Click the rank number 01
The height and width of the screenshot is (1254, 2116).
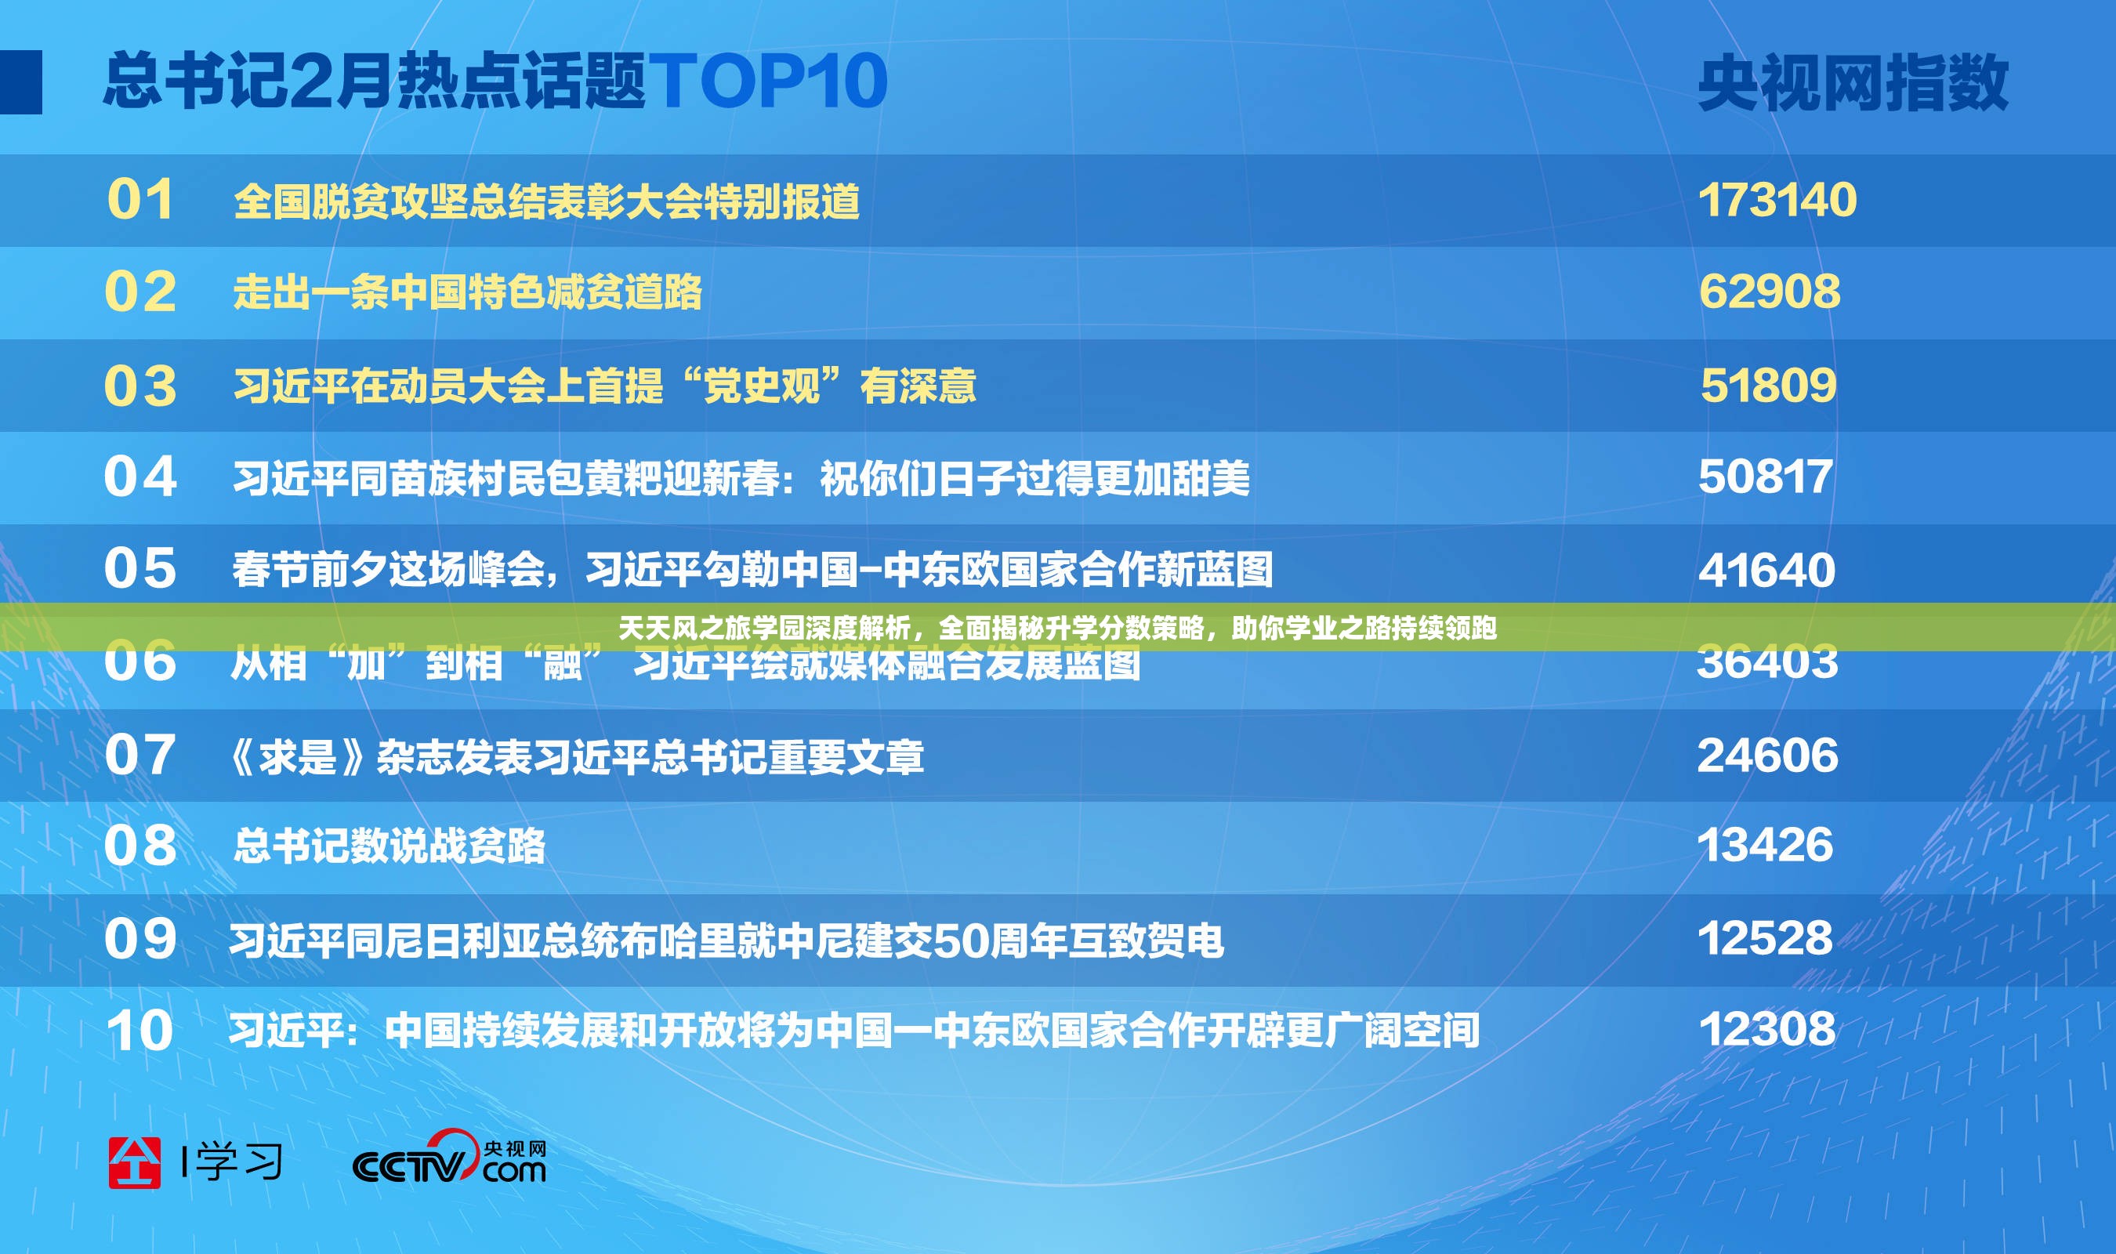(x=140, y=201)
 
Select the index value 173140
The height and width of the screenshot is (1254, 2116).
(x=1777, y=201)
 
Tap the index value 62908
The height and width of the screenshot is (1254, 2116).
(x=1769, y=292)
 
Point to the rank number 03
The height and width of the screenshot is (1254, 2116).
(x=140, y=386)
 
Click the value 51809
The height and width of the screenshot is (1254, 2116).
(x=1768, y=386)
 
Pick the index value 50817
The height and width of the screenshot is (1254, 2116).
(x=1766, y=477)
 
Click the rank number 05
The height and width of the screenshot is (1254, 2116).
(x=140, y=568)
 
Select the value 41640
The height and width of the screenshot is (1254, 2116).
(x=1766, y=570)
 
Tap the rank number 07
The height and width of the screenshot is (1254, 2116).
(x=140, y=755)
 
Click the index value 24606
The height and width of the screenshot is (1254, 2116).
(x=1767, y=755)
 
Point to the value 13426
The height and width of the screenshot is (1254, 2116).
(x=1765, y=845)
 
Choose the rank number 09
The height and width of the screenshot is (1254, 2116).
(x=140, y=939)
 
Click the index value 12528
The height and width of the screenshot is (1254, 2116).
(x=1765, y=939)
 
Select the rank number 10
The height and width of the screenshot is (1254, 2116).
(x=140, y=1031)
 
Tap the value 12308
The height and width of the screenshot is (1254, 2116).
(x=1766, y=1030)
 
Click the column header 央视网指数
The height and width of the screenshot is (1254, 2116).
(x=1853, y=83)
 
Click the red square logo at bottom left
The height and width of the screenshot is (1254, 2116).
(x=134, y=1163)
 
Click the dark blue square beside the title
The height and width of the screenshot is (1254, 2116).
(x=20, y=82)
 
